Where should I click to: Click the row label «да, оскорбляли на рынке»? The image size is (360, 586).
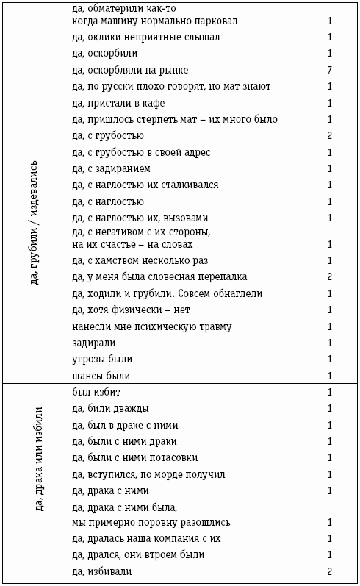pyautogui.click(x=131, y=71)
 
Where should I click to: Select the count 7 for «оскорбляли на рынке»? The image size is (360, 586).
pyautogui.click(x=330, y=71)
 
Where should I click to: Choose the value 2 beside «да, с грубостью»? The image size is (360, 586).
pyautogui.click(x=330, y=136)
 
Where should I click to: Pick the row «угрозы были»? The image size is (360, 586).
pyautogui.click(x=102, y=360)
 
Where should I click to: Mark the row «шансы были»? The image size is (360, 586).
pyautogui.click(x=101, y=376)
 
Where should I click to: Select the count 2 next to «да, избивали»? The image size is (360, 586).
pyautogui.click(x=330, y=571)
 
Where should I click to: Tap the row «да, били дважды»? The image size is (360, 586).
pyautogui.click(x=111, y=409)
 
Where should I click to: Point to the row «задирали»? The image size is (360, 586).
pyautogui.click(x=95, y=343)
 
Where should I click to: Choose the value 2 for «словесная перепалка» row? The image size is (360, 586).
pyautogui.click(x=330, y=277)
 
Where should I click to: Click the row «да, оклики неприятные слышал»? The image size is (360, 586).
pyautogui.click(x=146, y=37)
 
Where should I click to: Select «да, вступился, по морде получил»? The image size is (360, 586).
pyautogui.click(x=149, y=475)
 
